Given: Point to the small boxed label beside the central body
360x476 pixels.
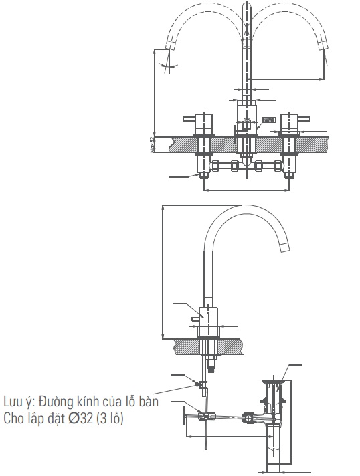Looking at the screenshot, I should [x=269, y=120].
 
